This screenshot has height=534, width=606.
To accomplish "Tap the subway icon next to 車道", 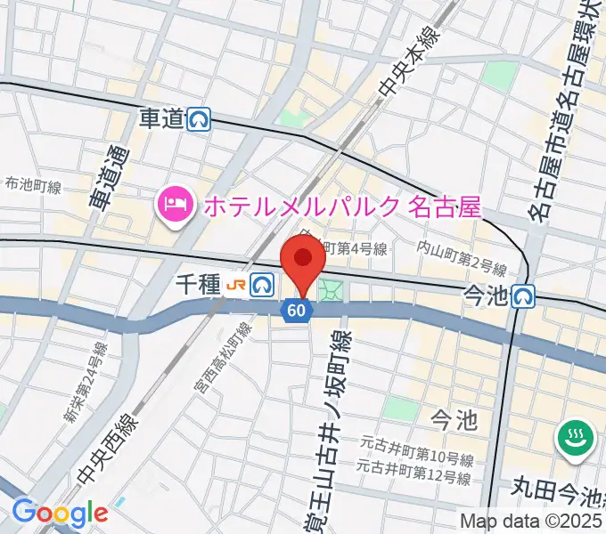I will pos(200,119).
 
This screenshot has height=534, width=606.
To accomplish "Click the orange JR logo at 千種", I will pos(234,285).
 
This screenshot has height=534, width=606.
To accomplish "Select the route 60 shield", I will pos(298,310).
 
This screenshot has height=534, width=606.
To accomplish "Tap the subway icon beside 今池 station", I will pos(524,295).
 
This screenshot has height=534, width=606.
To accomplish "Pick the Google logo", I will pos(60,513).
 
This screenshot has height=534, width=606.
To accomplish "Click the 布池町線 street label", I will pos(33,186).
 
